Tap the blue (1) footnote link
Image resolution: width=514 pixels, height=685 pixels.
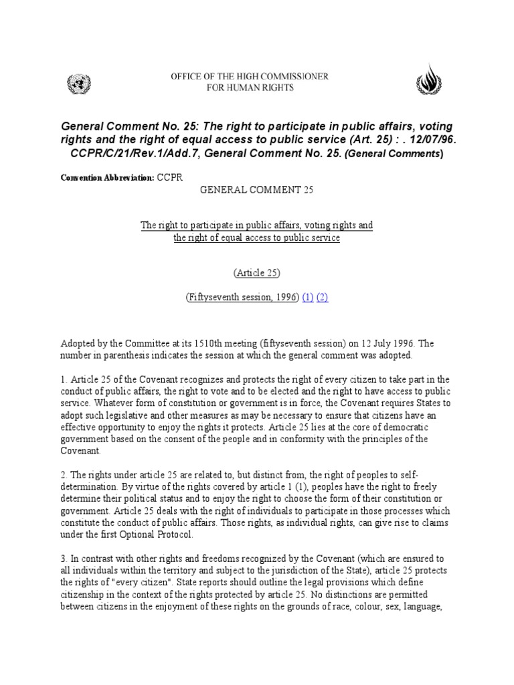[308, 298]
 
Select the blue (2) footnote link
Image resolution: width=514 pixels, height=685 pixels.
[322, 298]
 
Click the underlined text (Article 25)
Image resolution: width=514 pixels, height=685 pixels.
[257, 273]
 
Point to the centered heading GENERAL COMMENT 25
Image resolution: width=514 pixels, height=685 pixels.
[257, 190]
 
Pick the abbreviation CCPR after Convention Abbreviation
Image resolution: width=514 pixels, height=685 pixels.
[170, 177]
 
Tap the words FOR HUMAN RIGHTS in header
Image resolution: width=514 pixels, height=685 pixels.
[250, 88]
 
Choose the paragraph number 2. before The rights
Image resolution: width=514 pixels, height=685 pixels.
[63, 474]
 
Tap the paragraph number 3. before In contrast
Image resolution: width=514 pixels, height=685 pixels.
[63, 558]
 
